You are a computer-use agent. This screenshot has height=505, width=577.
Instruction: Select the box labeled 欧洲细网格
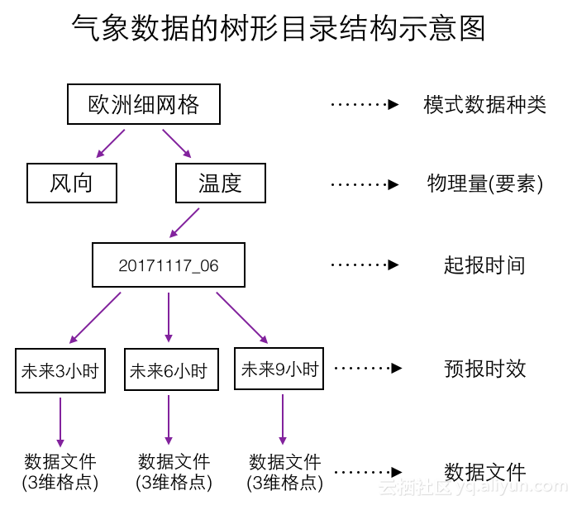pos(144,104)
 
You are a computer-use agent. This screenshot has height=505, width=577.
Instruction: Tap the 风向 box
pos(72,183)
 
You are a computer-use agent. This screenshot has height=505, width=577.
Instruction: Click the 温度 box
pos(221,183)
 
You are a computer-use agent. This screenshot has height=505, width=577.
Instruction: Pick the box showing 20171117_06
pos(169,265)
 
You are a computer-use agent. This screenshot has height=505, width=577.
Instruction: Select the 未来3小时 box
pos(60,371)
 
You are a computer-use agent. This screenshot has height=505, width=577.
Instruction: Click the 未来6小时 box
pos(171,371)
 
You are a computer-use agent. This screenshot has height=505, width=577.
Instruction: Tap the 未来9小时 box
pos(279,369)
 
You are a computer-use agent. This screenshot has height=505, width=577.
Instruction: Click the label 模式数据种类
pos(484,105)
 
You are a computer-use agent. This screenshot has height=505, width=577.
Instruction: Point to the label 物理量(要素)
pos(484,183)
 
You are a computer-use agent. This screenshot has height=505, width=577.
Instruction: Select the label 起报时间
pos(484,265)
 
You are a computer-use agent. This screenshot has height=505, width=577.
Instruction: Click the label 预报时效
pos(484,369)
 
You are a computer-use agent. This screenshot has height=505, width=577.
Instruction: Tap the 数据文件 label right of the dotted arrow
pos(484,473)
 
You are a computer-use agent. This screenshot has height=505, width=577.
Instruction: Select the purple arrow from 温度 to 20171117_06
pos(185,222)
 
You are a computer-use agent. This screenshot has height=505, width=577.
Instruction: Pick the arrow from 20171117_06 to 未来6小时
pos(169,317)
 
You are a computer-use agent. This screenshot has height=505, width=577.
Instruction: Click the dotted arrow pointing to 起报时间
pos(365,265)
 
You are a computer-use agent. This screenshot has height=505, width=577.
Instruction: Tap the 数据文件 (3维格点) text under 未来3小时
pos(60,472)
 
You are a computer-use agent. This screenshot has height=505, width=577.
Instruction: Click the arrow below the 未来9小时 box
pos(283,419)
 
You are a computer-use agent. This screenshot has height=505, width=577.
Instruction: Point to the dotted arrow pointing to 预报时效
pos(367,369)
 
